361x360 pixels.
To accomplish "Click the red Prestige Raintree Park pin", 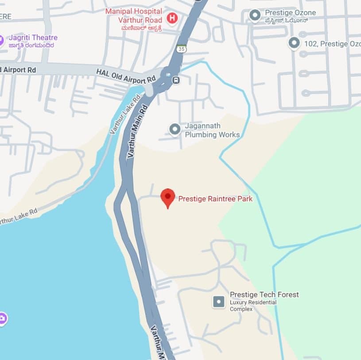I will coord(167,197).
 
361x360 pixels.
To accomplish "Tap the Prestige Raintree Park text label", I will coord(215,199).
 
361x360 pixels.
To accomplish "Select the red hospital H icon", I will coord(172,19).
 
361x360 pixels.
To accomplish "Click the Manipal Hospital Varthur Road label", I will coord(134,15).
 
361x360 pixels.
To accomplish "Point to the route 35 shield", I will coord(181,49).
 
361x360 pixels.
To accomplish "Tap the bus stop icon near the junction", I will coord(176,80).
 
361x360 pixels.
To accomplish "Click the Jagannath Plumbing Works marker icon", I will coord(175,129).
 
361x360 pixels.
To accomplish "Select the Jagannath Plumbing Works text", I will coord(212,130).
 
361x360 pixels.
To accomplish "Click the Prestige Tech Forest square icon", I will coord(219,302).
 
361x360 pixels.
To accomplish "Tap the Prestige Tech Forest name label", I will coord(264,294).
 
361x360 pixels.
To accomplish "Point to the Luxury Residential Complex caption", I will coord(253,305).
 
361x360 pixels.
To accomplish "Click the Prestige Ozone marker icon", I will coord(255,16).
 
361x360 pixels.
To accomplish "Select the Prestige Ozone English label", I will coord(290,12).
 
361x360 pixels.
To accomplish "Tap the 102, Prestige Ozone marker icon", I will coord(294,43).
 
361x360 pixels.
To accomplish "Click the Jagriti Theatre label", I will coord(33,37).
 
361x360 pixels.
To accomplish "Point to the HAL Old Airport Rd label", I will coord(126,76).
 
